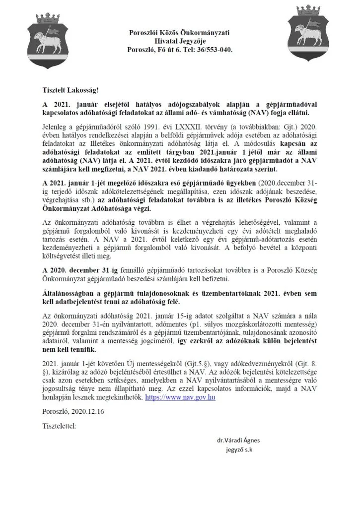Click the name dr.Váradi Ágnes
click(238, 440)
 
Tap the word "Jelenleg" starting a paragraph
click(56, 128)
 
